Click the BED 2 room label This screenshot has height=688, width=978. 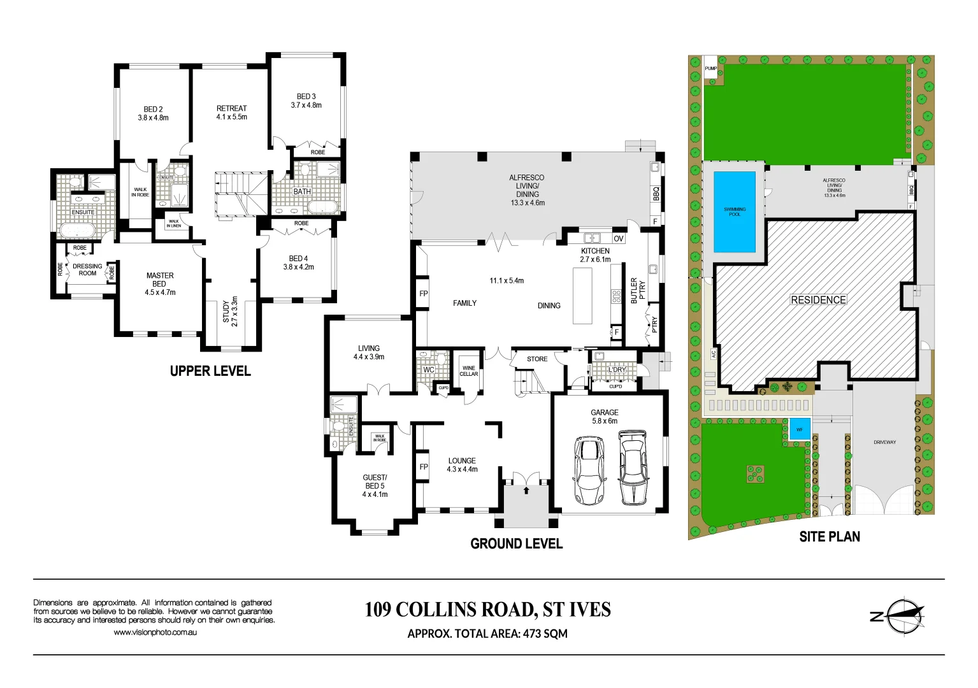point(154,113)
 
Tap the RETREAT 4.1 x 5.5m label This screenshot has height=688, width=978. point(231,113)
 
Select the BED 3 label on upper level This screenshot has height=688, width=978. point(306,101)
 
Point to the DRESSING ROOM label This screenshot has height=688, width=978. point(87,269)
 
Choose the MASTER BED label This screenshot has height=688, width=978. point(160,283)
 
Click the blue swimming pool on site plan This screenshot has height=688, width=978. point(734,211)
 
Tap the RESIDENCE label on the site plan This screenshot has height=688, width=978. point(818,299)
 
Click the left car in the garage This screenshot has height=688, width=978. point(589,469)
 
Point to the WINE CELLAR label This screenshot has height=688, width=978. point(469,371)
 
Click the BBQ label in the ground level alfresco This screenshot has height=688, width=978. point(656,193)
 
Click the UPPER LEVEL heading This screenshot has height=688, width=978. point(210,371)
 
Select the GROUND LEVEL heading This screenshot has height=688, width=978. point(516,543)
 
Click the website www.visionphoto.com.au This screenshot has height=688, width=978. point(155,632)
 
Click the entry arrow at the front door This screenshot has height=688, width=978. point(526,490)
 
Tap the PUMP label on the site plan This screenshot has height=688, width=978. point(710,68)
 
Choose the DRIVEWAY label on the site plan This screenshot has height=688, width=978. point(884,442)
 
